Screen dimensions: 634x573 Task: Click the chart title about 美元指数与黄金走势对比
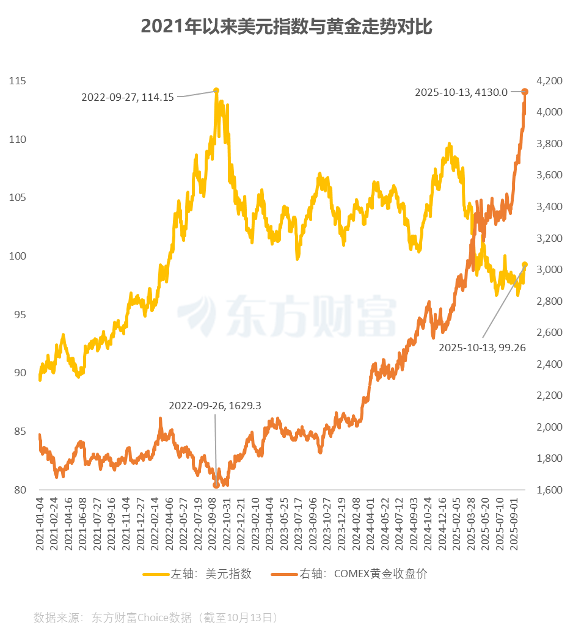click(286, 27)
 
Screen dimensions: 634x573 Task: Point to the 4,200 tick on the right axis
click(548, 81)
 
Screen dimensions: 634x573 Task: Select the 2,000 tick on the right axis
click(548, 427)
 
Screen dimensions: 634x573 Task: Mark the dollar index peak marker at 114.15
click(216, 90)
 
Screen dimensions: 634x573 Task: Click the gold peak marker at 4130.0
click(525, 92)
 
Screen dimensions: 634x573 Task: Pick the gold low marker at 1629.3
click(216, 485)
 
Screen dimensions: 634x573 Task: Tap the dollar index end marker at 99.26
click(525, 264)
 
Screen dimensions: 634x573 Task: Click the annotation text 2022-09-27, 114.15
click(128, 97)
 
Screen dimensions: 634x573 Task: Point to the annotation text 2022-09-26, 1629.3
click(215, 406)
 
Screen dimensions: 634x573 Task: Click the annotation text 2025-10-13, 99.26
click(483, 347)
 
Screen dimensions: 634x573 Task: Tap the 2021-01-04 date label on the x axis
click(40, 523)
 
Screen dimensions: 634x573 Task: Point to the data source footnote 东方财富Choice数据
click(156, 618)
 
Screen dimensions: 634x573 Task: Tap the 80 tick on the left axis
click(18, 490)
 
